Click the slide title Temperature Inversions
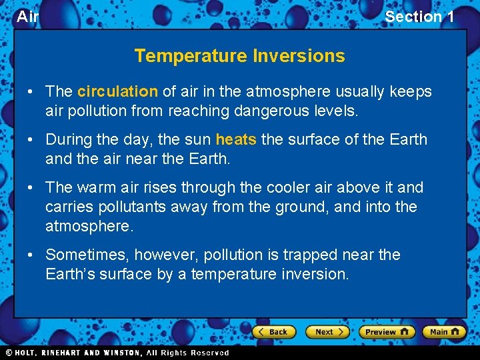(239, 56)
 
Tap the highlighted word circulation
(117, 92)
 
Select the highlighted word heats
(236, 140)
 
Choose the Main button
(444, 332)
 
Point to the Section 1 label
(419, 17)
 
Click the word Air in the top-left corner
(27, 17)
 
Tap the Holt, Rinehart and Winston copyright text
(117, 353)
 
